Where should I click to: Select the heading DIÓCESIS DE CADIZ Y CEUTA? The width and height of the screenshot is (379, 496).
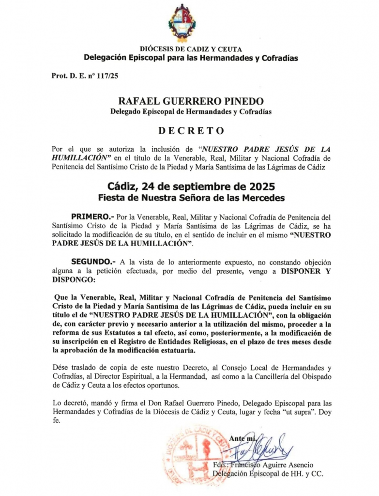(191, 49)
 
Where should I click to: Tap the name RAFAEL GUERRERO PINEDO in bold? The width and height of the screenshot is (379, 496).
(191, 101)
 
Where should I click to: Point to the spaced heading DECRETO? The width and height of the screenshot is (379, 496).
(191, 130)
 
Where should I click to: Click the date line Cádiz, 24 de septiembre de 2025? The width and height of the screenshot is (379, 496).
(191, 187)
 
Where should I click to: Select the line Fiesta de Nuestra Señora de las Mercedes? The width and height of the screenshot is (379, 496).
(191, 198)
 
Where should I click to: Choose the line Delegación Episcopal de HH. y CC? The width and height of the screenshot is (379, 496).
(268, 474)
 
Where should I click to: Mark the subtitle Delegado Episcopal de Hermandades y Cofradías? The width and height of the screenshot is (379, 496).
(191, 112)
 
